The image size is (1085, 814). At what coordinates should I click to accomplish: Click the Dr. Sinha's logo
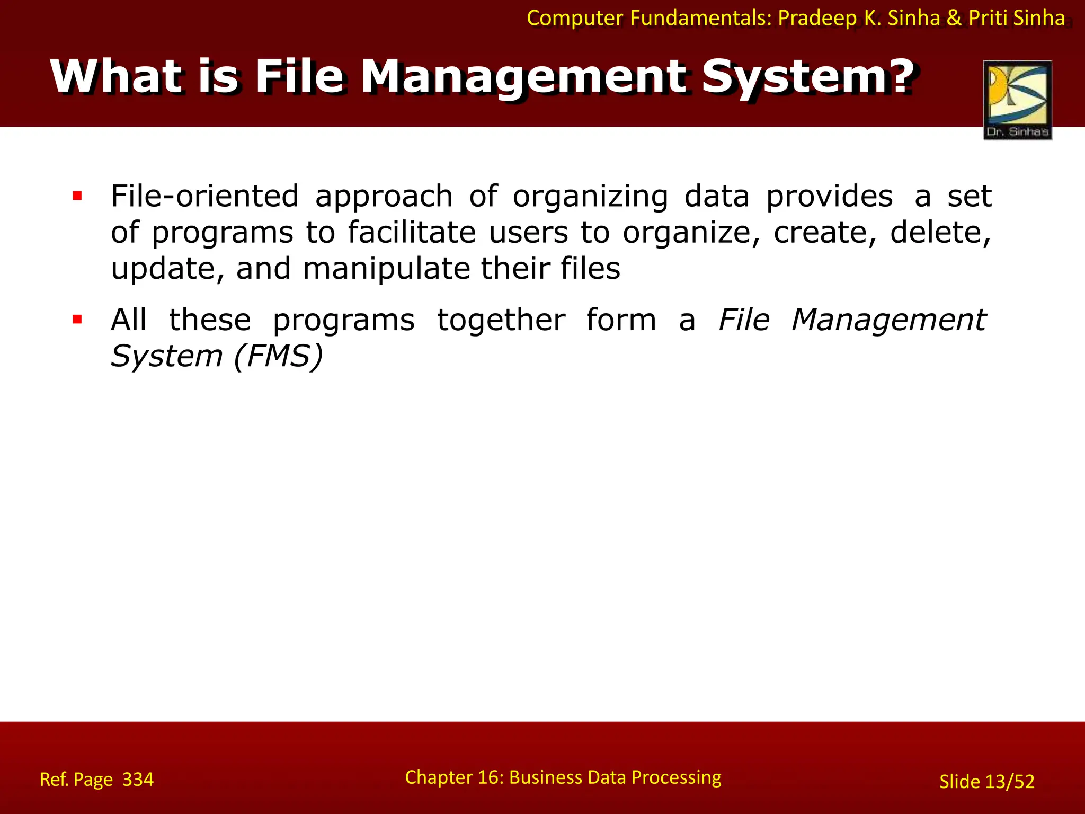(1017, 100)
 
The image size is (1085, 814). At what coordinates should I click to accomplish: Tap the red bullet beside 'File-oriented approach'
(77, 196)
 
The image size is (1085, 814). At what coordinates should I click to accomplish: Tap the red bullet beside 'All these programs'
(77, 320)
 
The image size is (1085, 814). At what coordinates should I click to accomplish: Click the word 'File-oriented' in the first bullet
(204, 196)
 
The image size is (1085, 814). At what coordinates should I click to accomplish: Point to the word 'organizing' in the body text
(590, 197)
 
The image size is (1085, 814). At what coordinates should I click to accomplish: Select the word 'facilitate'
(412, 232)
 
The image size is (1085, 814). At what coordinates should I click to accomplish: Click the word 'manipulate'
(386, 269)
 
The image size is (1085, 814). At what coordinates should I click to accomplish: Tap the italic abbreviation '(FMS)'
(278, 356)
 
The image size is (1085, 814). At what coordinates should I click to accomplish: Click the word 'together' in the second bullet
(501, 320)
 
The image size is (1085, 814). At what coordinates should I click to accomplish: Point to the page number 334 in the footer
(138, 780)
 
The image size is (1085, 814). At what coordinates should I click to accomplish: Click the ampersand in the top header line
(954, 18)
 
